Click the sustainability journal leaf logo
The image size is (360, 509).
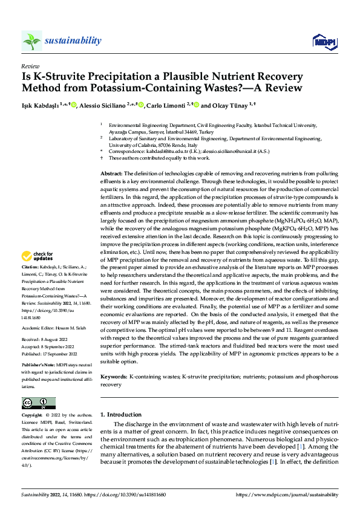coord(31,41)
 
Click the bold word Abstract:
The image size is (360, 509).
coord(111,173)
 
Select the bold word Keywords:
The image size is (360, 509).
coord(113,377)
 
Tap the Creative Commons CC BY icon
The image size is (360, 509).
coord(38,403)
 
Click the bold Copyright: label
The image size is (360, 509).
coord(32,416)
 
